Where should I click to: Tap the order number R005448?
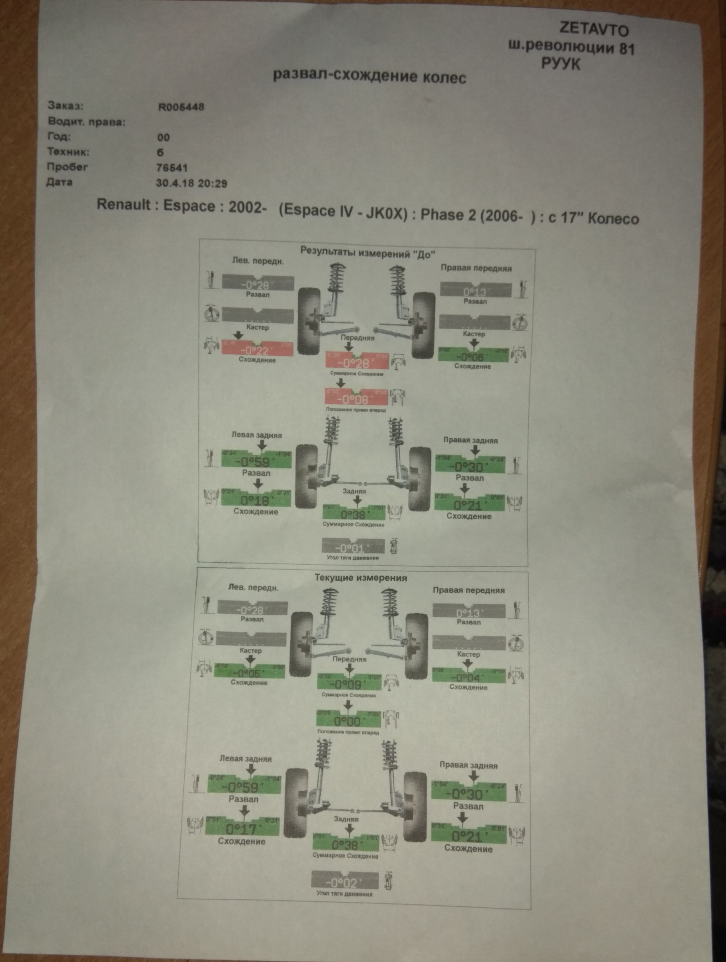181,107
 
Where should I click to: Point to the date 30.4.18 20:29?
191,183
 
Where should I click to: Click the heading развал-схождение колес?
369,76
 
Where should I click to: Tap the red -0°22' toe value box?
257,349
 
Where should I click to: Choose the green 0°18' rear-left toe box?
256,499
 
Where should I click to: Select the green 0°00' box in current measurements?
348,720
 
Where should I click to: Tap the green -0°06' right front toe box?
473,355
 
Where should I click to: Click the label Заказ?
65,105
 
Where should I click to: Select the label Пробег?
67,167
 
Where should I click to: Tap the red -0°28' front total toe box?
357,362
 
